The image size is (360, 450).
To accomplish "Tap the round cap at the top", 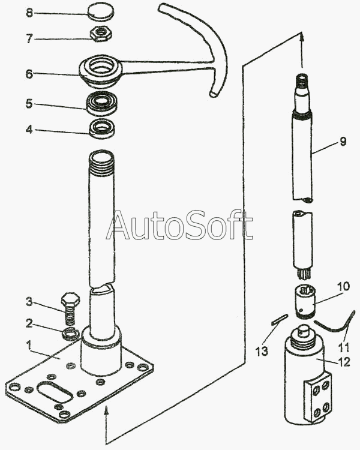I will [x=101, y=11].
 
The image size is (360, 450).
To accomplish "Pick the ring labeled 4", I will [x=101, y=129].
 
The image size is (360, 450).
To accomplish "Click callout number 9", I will [x=343, y=142].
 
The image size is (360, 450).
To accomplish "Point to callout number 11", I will [x=343, y=347].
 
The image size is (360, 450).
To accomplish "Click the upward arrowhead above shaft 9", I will [x=301, y=39].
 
